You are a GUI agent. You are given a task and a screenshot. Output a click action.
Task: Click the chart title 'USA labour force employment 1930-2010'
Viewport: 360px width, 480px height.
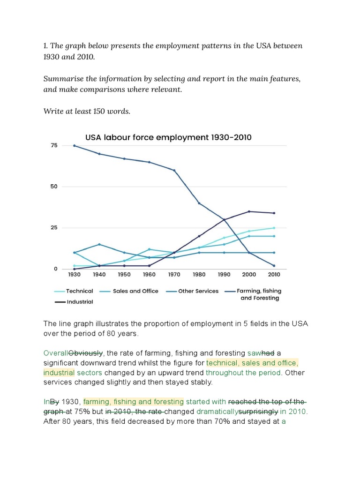(x=168, y=137)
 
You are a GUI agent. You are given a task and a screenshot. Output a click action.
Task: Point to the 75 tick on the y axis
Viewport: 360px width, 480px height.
(x=54, y=145)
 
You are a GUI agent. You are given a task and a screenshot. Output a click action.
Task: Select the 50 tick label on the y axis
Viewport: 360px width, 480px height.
(x=54, y=187)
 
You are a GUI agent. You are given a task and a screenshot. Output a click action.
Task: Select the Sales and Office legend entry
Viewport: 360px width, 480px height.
(x=135, y=291)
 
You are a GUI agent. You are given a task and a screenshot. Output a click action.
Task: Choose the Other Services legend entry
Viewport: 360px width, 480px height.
(x=198, y=291)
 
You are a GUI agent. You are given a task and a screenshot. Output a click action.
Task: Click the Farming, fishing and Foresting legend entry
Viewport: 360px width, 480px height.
(x=259, y=294)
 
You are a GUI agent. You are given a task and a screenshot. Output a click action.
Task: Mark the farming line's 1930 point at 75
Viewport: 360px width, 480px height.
(x=74, y=145)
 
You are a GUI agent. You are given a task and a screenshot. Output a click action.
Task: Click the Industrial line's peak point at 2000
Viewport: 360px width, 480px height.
(x=249, y=211)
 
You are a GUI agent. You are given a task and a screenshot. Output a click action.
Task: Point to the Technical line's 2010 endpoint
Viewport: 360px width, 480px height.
(x=274, y=228)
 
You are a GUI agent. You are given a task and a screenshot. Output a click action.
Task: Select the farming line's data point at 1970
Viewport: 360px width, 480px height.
(x=174, y=170)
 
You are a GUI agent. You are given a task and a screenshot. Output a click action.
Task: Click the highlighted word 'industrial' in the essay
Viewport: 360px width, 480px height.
(x=59, y=373)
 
